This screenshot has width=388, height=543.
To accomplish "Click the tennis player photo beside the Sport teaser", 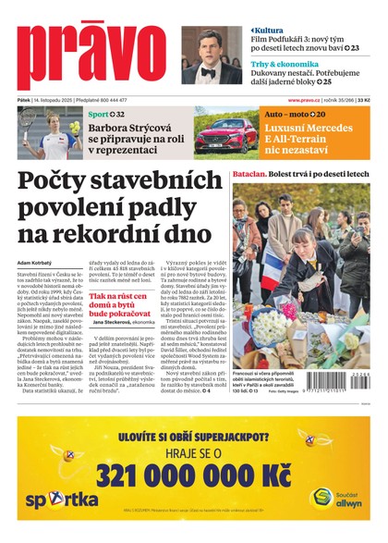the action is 49,133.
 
